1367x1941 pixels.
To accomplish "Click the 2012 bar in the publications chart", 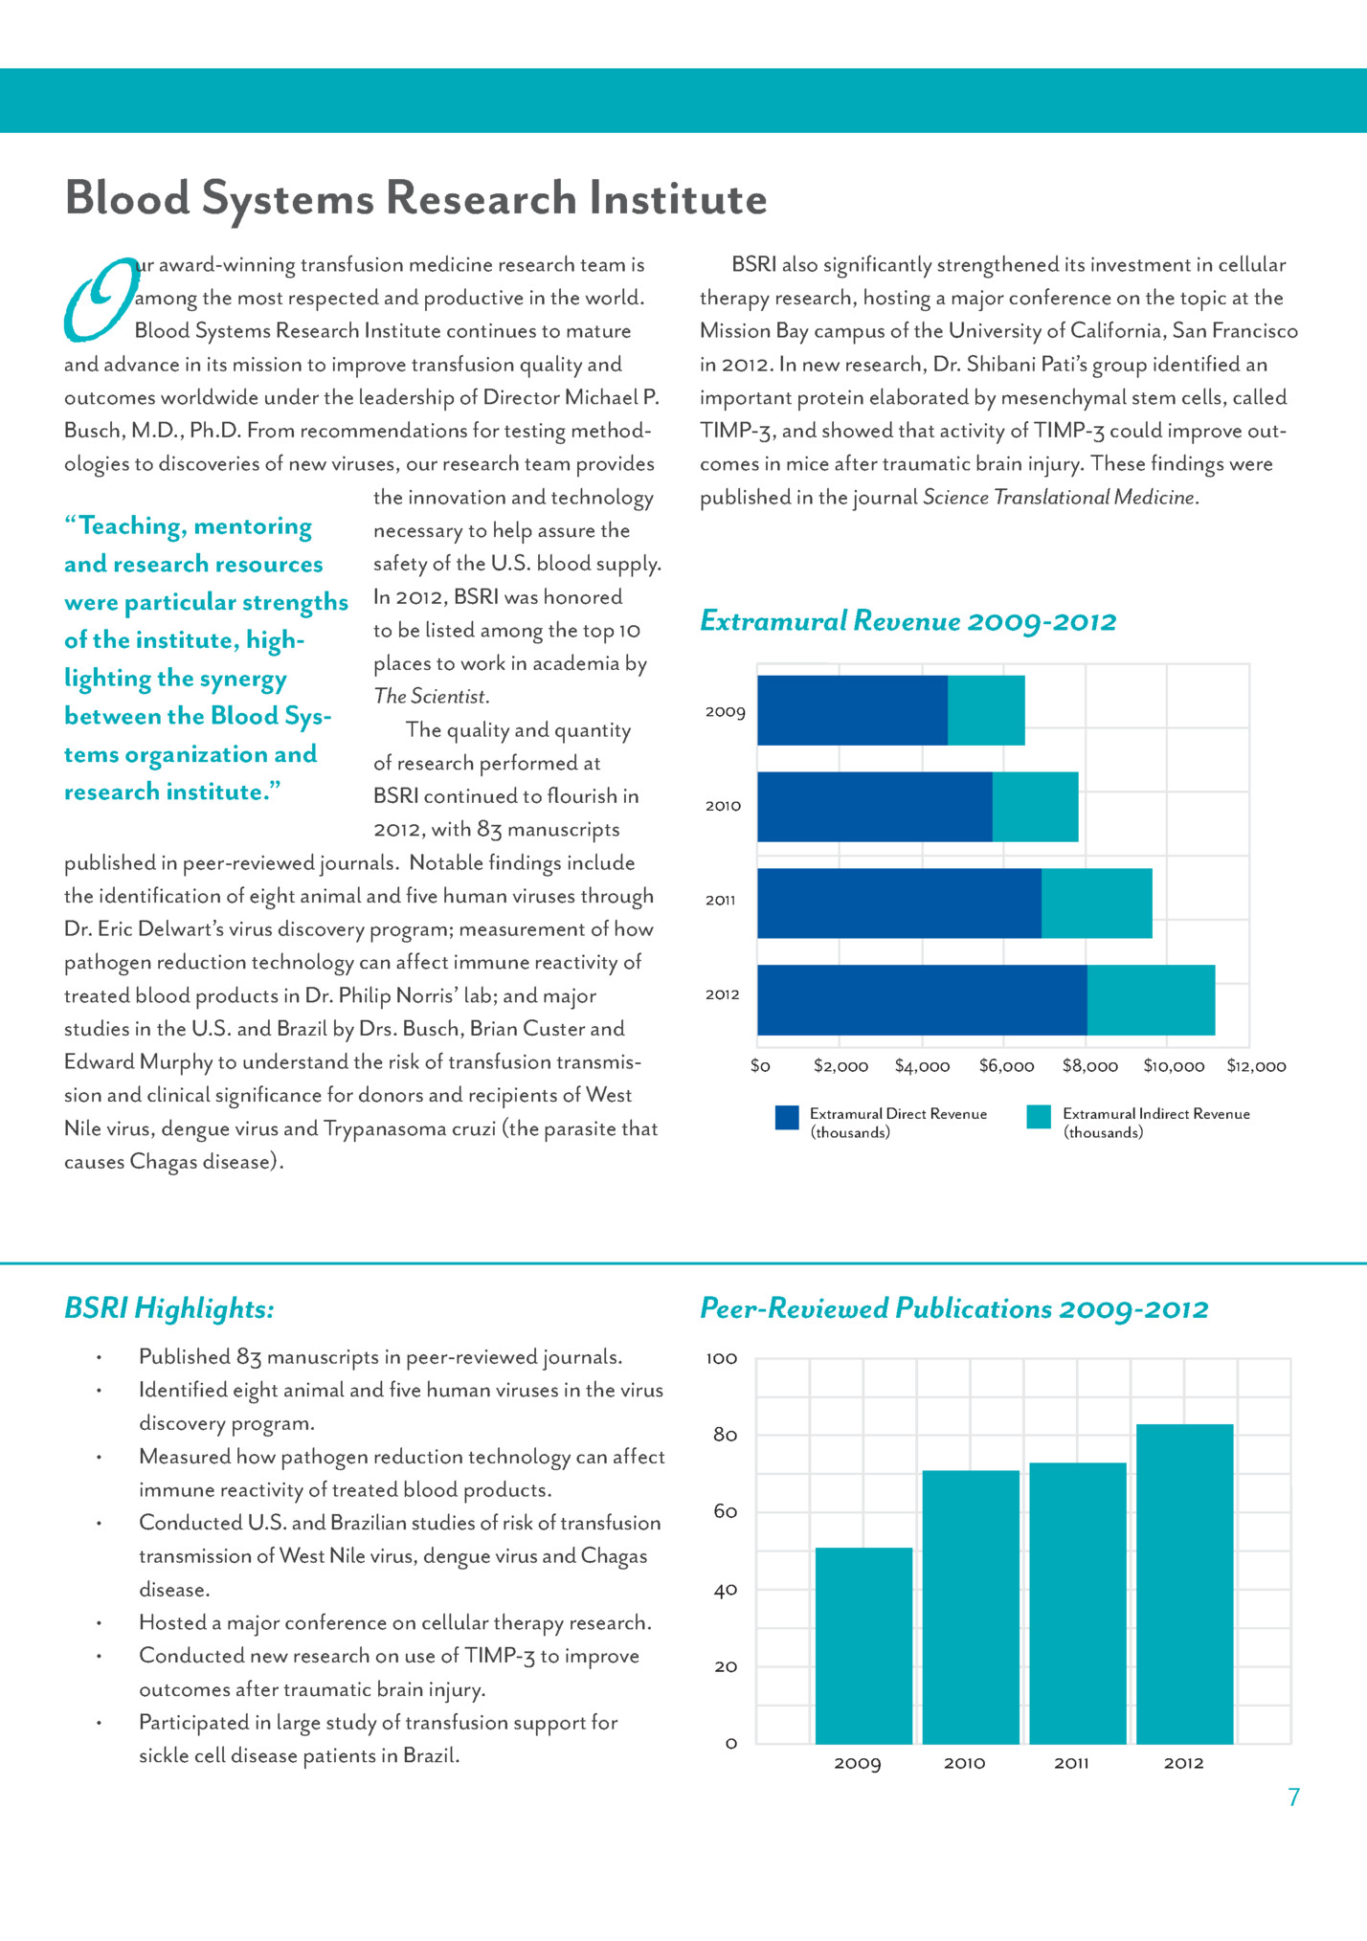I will click(x=1184, y=1583).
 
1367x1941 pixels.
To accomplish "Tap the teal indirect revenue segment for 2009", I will click(x=986, y=710).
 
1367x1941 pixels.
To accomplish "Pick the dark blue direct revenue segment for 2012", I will click(x=922, y=999).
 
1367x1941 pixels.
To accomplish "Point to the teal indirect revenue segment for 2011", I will click(x=1096, y=903).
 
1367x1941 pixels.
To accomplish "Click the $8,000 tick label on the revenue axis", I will click(x=1089, y=1066).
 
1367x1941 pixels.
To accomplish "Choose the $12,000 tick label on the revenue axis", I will click(x=1256, y=1066).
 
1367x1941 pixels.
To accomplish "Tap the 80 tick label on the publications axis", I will click(x=726, y=1435).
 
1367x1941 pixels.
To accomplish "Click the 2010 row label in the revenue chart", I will click(x=723, y=806).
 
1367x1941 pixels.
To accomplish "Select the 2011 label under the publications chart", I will click(x=1071, y=1763).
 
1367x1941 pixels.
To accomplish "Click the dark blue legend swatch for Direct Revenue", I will click(x=787, y=1117).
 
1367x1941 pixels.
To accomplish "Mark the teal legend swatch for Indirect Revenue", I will click(x=1039, y=1117).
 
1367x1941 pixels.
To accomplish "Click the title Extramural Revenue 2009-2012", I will click(x=908, y=621).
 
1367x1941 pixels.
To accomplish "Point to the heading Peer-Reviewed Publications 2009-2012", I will click(x=953, y=1308).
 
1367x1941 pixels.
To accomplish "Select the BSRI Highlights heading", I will click(x=169, y=1308).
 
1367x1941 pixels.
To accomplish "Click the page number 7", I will click(x=1294, y=1797).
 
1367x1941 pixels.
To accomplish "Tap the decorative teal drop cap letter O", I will click(x=100, y=299).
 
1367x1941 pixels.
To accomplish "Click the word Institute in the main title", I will click(x=678, y=199).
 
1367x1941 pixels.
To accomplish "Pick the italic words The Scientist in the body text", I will click(x=431, y=697).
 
